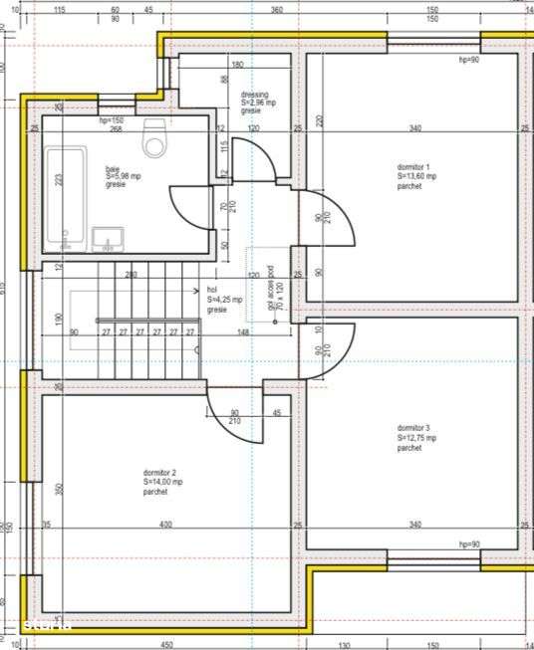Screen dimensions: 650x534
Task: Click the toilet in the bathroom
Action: coord(155,139)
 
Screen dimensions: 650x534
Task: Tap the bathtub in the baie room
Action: coord(66,195)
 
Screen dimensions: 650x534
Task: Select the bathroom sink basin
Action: coord(107,239)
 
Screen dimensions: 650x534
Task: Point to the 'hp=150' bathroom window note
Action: coord(110,120)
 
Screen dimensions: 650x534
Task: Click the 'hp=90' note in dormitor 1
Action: coord(468,60)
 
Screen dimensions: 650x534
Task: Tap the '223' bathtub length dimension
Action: coord(59,180)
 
